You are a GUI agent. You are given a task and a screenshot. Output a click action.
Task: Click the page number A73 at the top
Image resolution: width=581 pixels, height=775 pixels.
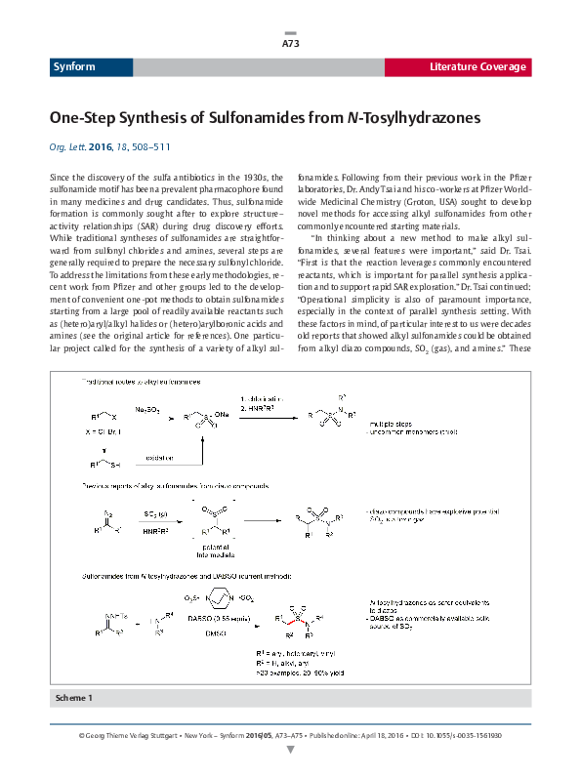(290, 44)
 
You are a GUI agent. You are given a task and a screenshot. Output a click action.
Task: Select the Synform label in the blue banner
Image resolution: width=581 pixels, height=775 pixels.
(71, 67)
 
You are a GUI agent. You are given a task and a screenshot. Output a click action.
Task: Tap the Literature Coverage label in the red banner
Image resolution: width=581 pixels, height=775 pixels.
(478, 67)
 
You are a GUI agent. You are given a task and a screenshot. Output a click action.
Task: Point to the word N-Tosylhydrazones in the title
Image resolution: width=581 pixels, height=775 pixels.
(407, 118)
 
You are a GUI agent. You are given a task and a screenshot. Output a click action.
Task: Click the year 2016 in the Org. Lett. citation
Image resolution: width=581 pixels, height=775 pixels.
(101, 145)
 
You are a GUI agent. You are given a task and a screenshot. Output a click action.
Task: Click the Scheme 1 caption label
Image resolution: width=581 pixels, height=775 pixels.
(76, 698)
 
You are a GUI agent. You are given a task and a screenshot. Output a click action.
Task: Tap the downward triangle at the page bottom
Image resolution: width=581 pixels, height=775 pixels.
(290, 750)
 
